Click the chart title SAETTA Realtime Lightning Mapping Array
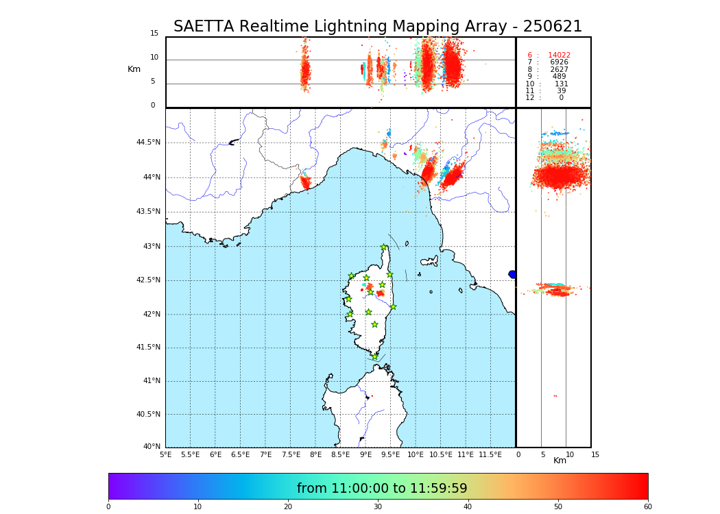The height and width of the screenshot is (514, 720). tap(377, 27)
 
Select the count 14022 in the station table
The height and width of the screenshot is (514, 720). tap(559, 56)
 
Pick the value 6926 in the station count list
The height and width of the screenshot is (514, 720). tap(559, 62)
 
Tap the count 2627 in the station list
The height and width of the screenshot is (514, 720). tap(559, 70)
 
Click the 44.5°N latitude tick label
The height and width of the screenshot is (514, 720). tap(148, 143)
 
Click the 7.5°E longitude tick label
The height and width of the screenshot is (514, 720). tap(290, 454)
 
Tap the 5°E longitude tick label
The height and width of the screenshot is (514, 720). tap(166, 454)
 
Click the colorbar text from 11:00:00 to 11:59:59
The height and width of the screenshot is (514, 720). tap(382, 489)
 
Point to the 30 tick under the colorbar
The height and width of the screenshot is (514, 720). tap(378, 506)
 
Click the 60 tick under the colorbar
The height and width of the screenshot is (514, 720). tap(647, 506)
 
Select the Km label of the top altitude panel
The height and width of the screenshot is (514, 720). tap(134, 69)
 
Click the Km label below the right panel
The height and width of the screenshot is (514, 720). tap(560, 461)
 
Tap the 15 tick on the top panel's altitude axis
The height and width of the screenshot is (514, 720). tap(154, 34)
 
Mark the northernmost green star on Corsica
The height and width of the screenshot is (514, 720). tap(384, 247)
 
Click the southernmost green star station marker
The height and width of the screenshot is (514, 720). tap(374, 356)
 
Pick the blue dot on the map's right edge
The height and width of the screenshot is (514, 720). tap(512, 274)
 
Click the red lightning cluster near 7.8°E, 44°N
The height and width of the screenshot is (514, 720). tap(306, 182)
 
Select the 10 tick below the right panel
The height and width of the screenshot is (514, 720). tap(569, 454)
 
